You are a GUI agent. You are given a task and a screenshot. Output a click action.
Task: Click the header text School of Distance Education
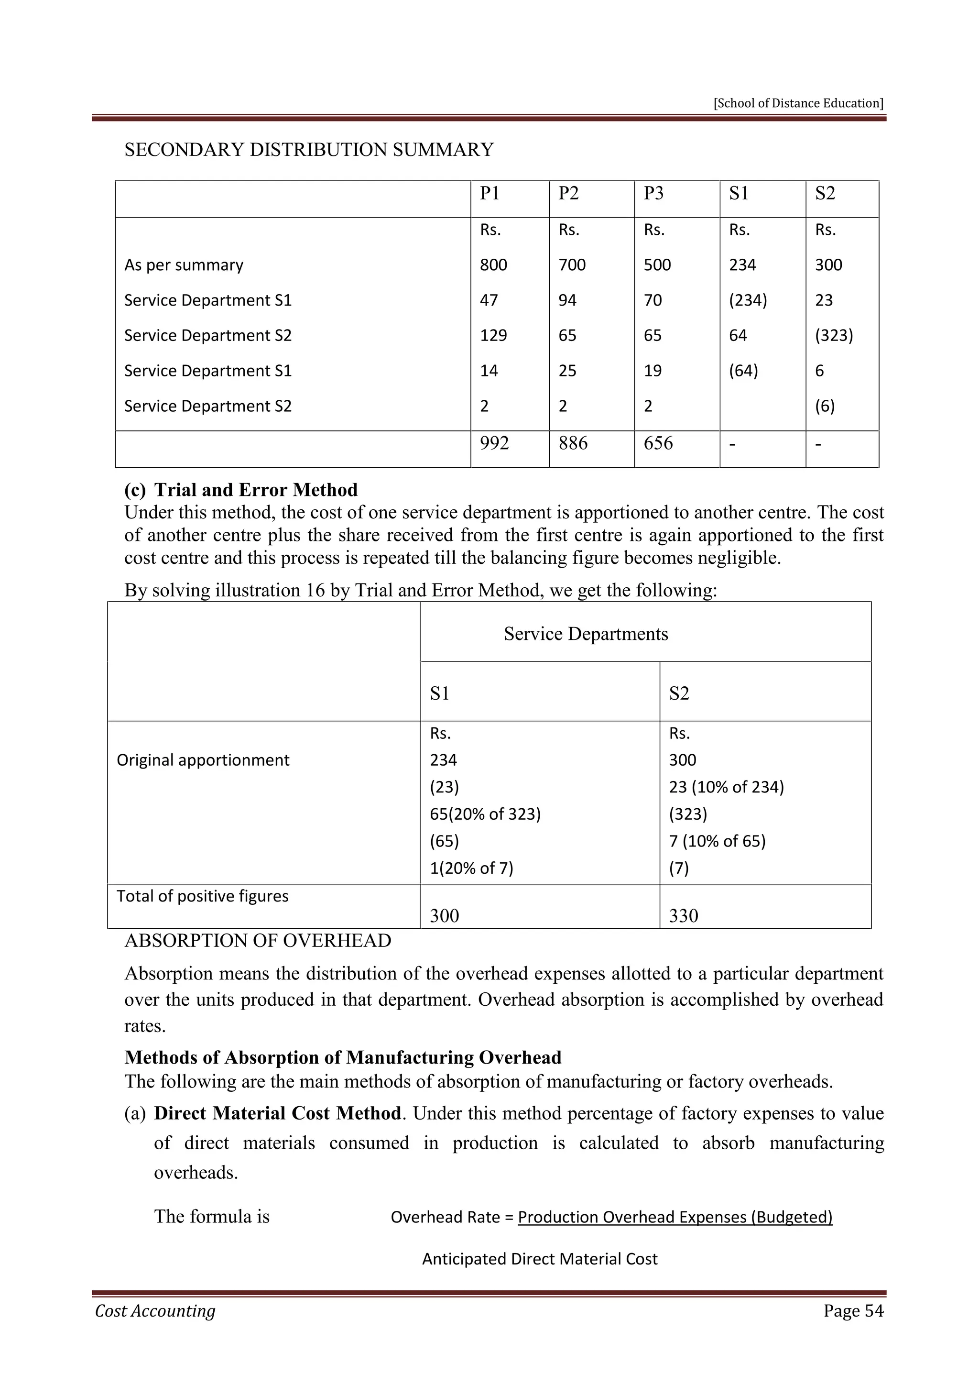[x=798, y=103]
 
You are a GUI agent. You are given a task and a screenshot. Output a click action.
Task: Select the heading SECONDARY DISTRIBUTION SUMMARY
[x=309, y=150]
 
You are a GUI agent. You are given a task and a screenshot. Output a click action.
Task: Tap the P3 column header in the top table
[x=653, y=194]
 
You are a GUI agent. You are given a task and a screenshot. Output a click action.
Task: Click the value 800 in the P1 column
[x=493, y=265]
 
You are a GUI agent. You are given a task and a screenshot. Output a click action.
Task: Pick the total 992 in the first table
[x=494, y=443]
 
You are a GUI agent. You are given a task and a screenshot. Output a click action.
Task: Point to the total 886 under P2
[x=573, y=443]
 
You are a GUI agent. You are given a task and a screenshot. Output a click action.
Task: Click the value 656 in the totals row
[x=658, y=443]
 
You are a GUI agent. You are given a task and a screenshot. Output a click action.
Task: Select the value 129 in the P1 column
[x=493, y=335]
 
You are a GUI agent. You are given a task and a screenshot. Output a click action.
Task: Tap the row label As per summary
[x=184, y=265]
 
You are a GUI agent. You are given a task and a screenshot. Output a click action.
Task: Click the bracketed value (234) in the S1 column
[x=748, y=300]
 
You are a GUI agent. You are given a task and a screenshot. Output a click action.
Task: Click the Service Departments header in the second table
[x=586, y=634]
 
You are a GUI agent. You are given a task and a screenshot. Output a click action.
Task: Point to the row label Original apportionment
[x=203, y=760]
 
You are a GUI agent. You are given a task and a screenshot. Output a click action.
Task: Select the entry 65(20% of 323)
[x=485, y=814]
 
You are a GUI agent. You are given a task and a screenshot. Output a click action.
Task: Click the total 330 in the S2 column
[x=683, y=916]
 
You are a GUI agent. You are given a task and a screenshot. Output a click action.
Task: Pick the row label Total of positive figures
[x=203, y=896]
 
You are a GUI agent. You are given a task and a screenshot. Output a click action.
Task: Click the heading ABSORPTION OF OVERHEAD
[x=257, y=941]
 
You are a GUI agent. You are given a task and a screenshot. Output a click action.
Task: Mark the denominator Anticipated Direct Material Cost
[x=540, y=1259]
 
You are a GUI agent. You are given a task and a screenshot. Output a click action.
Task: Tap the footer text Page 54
[x=853, y=1311]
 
